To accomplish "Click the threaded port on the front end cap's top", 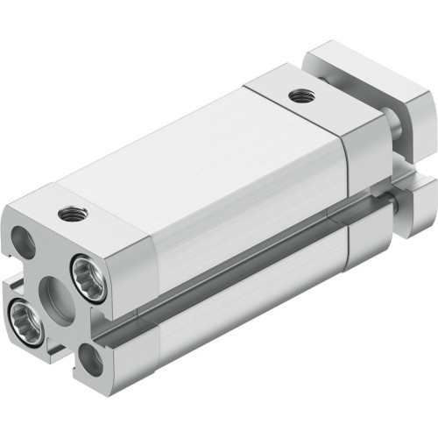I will [x=67, y=212].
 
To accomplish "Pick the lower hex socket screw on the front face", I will [x=22, y=312].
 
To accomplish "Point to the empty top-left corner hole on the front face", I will [x=24, y=239].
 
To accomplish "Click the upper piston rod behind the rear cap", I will [x=399, y=131].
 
